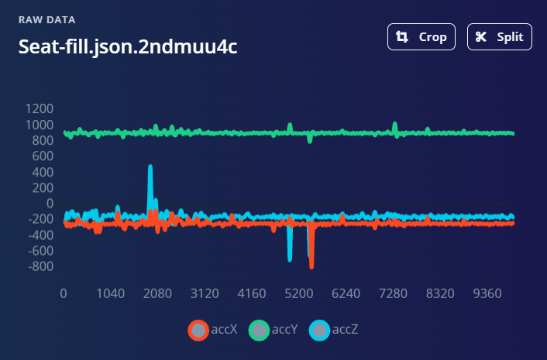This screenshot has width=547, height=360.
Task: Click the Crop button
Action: (x=421, y=37)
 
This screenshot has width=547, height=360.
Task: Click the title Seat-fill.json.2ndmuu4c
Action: (x=128, y=47)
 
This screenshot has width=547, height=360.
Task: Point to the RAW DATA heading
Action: (x=46, y=19)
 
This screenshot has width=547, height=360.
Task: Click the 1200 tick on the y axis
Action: (x=39, y=108)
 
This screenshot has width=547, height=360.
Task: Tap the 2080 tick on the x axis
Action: (x=157, y=294)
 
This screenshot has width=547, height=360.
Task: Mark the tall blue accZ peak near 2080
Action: (x=150, y=167)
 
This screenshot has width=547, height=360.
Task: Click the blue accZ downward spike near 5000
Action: (x=290, y=258)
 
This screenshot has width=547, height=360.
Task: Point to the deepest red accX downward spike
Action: (x=311, y=265)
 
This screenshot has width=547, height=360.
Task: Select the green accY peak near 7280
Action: (x=395, y=124)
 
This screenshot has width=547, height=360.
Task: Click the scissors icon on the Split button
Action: (x=481, y=37)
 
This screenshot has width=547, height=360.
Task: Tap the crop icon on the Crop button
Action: (x=401, y=37)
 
